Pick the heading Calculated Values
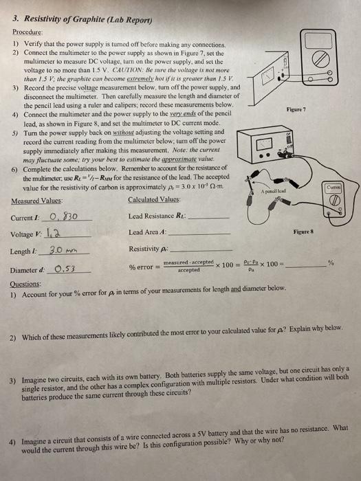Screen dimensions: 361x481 coord(153,201)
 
